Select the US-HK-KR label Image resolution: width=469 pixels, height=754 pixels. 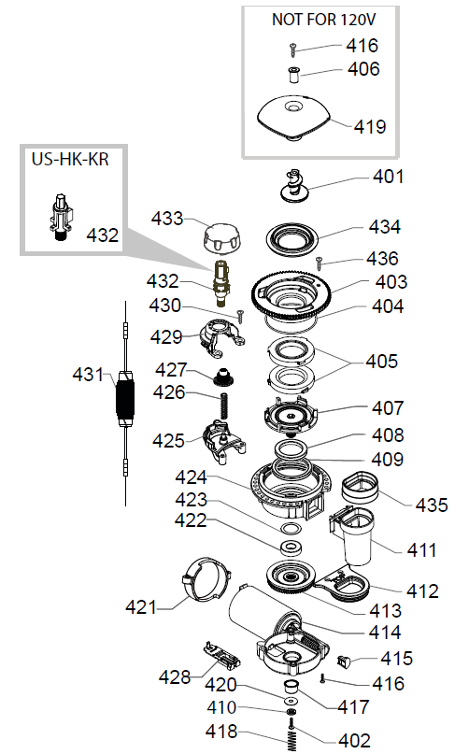[x=68, y=160]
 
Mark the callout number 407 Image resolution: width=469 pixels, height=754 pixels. [x=387, y=408]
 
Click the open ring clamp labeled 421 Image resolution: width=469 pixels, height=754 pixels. [x=206, y=582]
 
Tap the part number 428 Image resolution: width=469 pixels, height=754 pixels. [x=173, y=676]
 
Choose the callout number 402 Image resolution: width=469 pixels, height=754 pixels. [x=353, y=741]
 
